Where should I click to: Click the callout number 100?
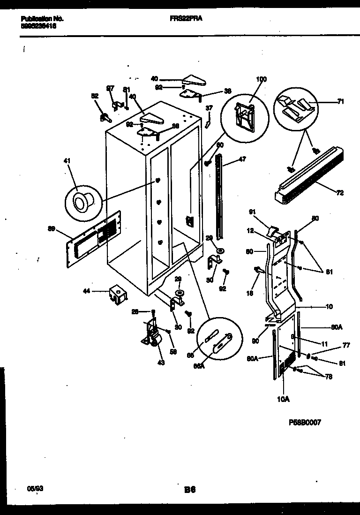pos(261,79)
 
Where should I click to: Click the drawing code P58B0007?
pos(305,422)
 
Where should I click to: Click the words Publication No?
pos(42,19)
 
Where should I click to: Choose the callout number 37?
pos(209,108)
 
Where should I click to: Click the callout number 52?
pos(95,96)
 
